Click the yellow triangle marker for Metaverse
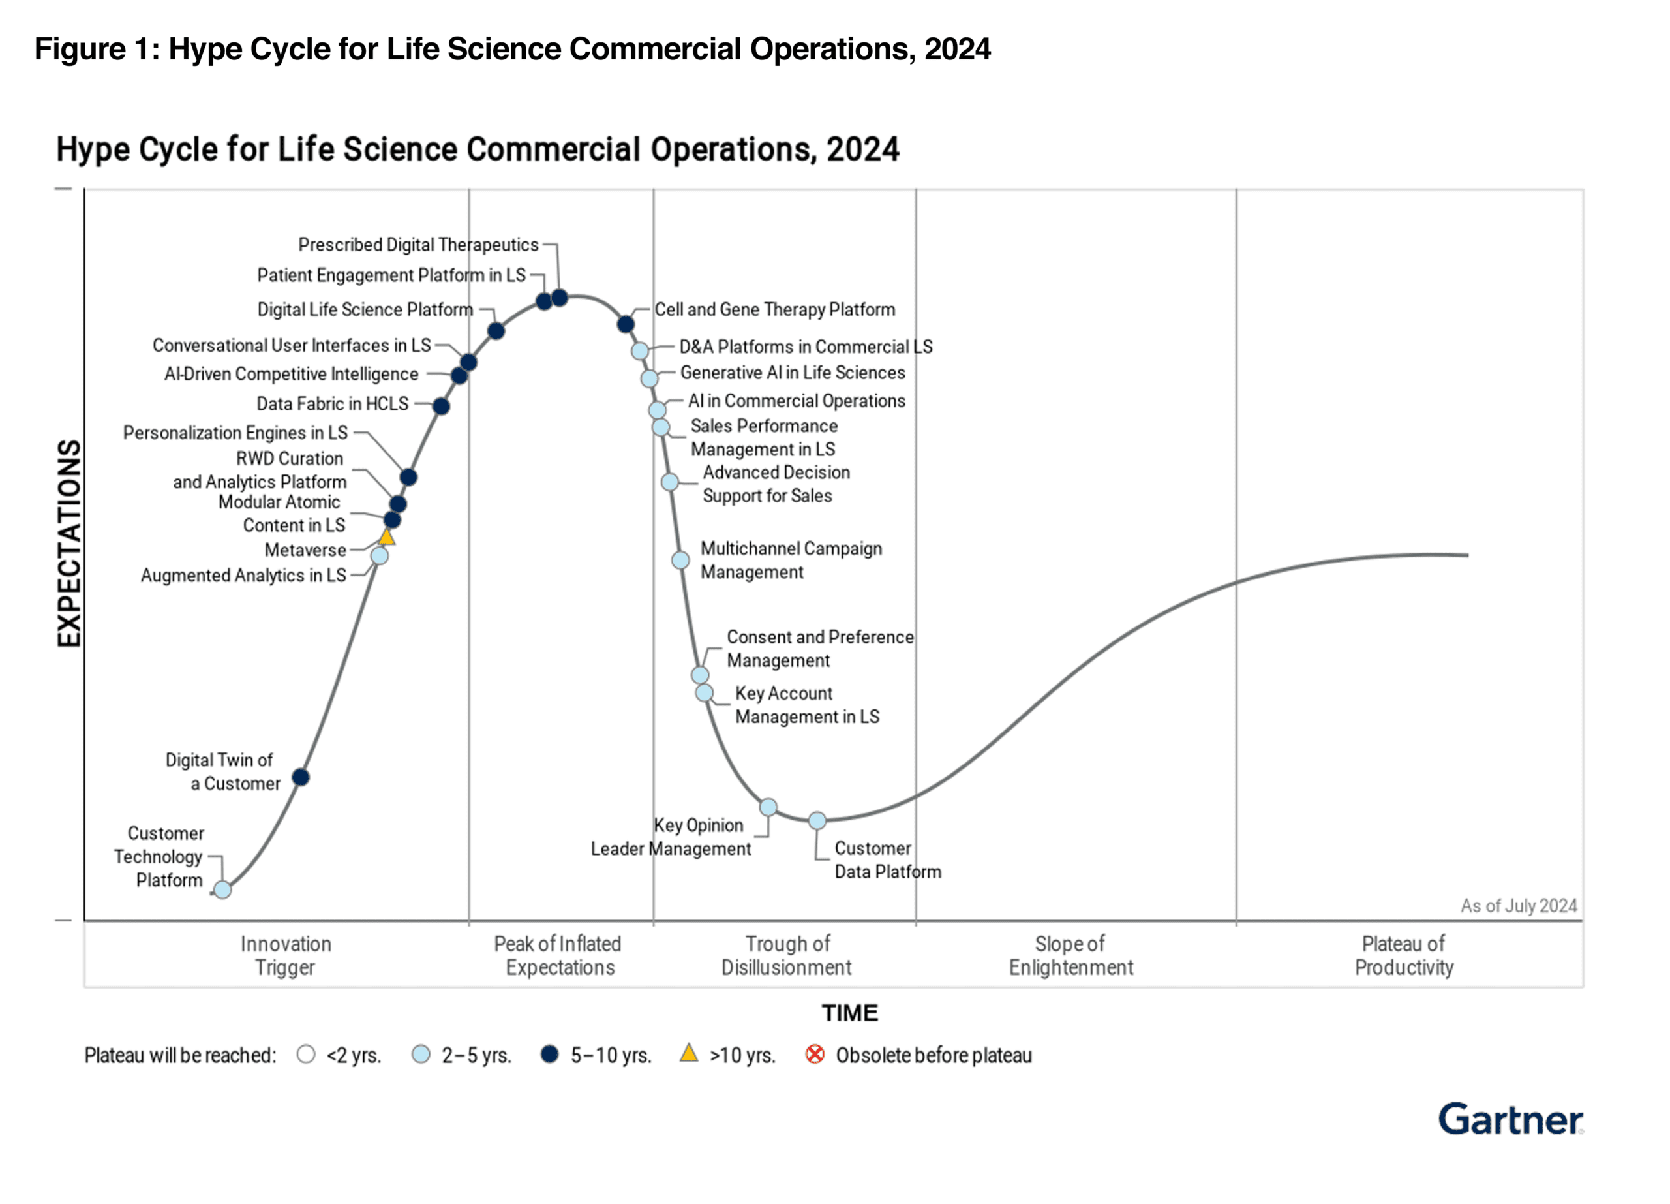tap(387, 537)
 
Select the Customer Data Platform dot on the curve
tap(817, 820)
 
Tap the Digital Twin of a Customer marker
tap(301, 777)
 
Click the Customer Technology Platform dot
tap(222, 889)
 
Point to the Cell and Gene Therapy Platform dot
tap(626, 324)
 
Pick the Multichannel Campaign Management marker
tap(681, 561)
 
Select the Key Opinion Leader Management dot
tap(768, 807)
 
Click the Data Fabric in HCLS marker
tap(441, 406)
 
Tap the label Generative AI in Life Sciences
tap(793, 373)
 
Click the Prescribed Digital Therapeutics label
tap(418, 245)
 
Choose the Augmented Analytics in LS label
tap(243, 575)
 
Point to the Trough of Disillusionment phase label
tap(787, 955)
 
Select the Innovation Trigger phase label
tap(286, 955)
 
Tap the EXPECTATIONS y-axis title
tap(68, 544)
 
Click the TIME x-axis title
tap(850, 1013)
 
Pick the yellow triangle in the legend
tap(688, 1053)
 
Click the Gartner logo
tap(1510, 1119)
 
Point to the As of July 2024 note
tap(1518, 906)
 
